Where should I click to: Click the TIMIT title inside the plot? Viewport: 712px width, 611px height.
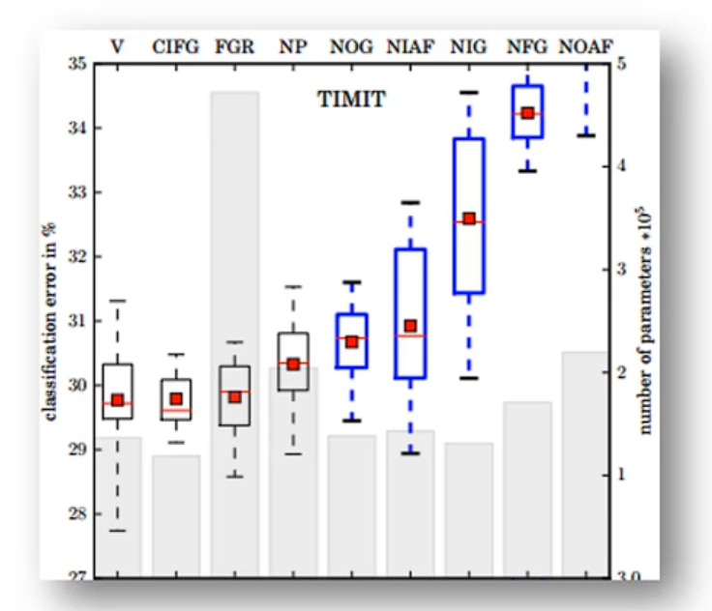351,99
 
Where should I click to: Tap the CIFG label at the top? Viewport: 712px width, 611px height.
176,45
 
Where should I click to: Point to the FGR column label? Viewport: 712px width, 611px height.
234,45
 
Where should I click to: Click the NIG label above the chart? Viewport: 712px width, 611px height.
468,45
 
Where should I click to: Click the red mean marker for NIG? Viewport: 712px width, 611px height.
469,218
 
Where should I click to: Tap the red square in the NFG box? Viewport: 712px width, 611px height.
527,113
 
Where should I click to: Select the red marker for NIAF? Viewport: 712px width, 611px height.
410,326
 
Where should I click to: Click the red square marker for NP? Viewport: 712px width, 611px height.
293,364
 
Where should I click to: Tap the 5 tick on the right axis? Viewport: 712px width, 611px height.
629,65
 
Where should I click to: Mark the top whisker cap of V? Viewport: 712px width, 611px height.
117,301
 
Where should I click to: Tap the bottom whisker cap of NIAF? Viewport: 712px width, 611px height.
410,452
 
